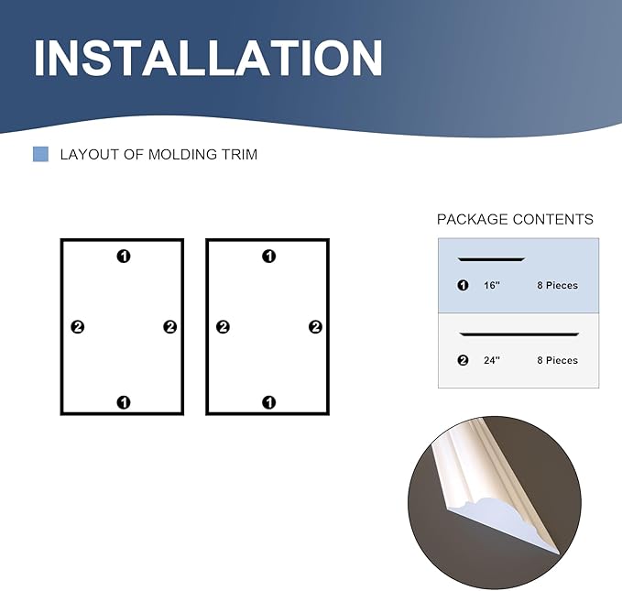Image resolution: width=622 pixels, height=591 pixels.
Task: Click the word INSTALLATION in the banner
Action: point(208,58)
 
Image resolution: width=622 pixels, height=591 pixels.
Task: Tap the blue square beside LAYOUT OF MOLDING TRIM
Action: point(40,154)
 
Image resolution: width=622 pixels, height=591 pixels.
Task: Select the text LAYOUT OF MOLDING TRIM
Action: point(158,154)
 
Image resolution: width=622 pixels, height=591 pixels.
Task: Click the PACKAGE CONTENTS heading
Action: point(515,219)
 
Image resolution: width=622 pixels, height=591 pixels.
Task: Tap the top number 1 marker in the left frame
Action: point(124,257)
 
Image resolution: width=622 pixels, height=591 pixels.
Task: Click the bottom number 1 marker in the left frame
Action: point(124,401)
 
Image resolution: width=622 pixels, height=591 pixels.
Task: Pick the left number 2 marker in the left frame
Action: point(78,327)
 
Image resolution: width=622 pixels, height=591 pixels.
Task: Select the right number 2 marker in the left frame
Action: point(169,327)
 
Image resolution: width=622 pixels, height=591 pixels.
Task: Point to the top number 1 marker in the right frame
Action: point(268,257)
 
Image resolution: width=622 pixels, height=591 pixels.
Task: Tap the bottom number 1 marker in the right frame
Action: point(268,401)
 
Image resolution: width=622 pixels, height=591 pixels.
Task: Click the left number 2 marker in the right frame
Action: point(223,327)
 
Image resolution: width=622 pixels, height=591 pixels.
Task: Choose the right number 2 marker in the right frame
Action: point(315,327)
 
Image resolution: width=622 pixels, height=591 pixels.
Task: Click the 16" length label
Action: point(492,286)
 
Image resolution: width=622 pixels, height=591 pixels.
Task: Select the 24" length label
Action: point(492,361)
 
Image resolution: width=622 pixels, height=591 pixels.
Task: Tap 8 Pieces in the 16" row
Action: point(557,286)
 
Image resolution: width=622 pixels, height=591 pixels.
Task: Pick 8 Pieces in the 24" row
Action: point(557,361)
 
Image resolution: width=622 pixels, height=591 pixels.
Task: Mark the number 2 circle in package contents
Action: point(463,361)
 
